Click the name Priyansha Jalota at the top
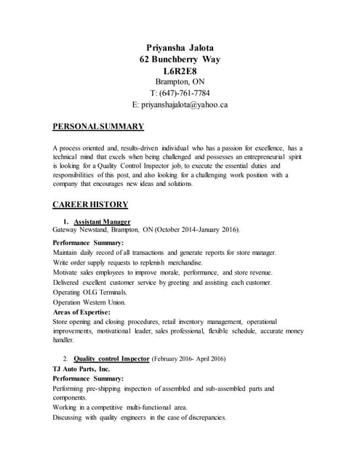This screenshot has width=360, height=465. (179, 48)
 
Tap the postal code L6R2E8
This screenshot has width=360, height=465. (179, 70)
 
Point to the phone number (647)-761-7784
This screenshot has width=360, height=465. (184, 93)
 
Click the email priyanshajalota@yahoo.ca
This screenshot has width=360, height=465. (187, 105)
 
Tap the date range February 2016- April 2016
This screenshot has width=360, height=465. (189, 359)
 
